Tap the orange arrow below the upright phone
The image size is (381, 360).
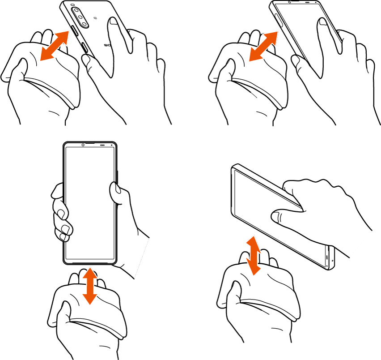90,285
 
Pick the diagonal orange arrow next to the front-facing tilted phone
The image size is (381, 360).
264,46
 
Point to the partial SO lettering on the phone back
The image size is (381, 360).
107,45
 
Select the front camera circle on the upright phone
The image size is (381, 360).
83,145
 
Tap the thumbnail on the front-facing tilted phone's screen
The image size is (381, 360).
322,23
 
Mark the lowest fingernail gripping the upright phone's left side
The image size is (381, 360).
65,231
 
